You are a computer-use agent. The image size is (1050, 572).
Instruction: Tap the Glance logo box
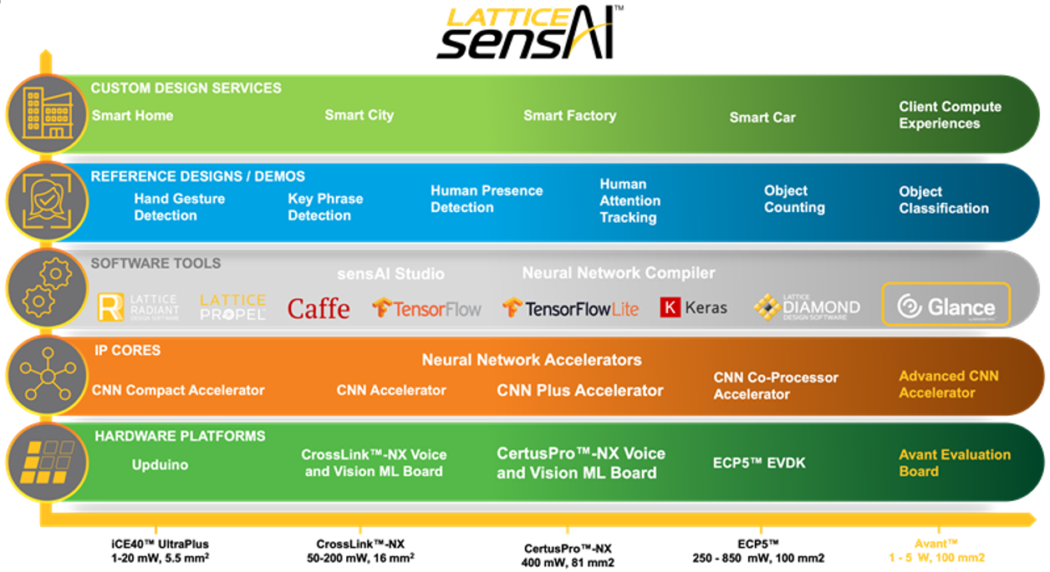pyautogui.click(x=946, y=306)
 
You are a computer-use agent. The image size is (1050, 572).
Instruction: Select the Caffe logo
pyautogui.click(x=319, y=308)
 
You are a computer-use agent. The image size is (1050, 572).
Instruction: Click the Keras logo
pyautogui.click(x=693, y=307)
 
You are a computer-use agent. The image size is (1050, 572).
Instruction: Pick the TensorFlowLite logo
pyautogui.click(x=570, y=308)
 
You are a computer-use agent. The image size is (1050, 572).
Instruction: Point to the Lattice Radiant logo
pyautogui.click(x=138, y=307)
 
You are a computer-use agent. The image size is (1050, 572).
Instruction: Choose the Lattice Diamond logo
pyautogui.click(x=806, y=306)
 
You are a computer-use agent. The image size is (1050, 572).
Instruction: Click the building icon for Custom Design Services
pyautogui.click(x=47, y=114)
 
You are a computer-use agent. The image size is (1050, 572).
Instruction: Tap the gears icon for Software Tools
pyautogui.click(x=47, y=287)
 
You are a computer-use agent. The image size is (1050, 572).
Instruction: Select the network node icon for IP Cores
pyautogui.click(x=47, y=375)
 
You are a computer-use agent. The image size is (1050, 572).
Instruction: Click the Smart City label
pyautogui.click(x=359, y=115)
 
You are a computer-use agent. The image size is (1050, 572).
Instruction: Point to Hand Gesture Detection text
pyautogui.click(x=179, y=207)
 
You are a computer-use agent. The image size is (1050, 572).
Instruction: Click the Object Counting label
pyautogui.click(x=794, y=199)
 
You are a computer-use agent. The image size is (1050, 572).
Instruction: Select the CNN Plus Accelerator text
pyautogui.click(x=580, y=390)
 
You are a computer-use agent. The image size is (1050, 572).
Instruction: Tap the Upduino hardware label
pyautogui.click(x=160, y=463)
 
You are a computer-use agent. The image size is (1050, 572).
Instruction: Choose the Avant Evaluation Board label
pyautogui.click(x=954, y=463)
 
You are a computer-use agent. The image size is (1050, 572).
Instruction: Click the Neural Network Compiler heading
pyautogui.click(x=619, y=273)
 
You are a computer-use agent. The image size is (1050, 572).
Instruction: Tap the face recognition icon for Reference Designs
pyautogui.click(x=47, y=201)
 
